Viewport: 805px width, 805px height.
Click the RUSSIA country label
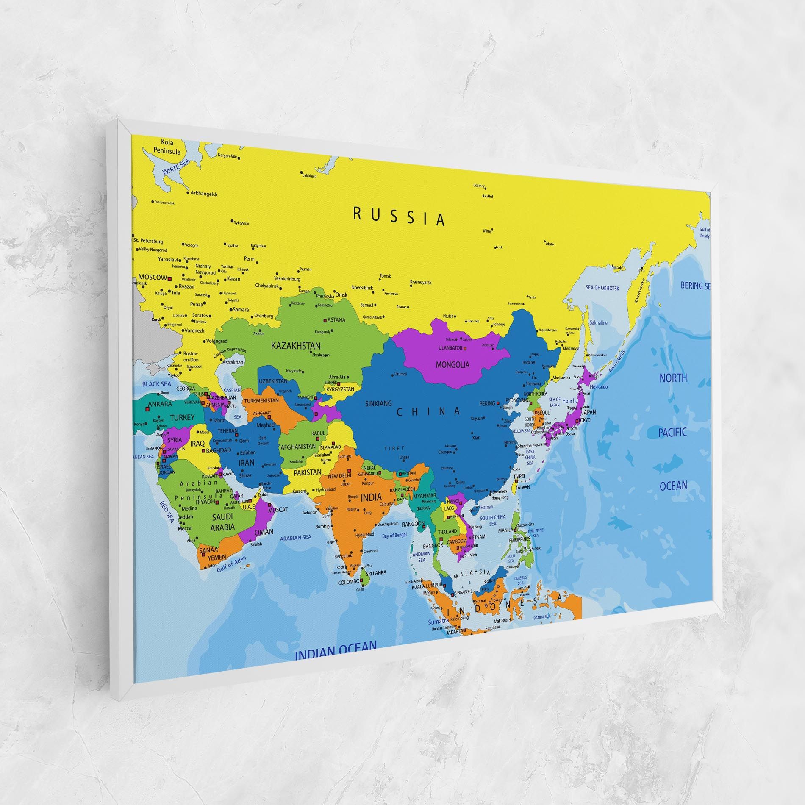[x=399, y=217]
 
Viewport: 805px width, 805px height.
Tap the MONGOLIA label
[x=452, y=364]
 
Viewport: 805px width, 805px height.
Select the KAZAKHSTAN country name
[x=296, y=346]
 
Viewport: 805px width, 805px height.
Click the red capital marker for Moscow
[x=169, y=279]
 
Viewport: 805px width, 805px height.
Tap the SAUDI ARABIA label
[x=222, y=522]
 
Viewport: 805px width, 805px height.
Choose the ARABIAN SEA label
[x=296, y=538]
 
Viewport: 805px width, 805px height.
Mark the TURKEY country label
[x=182, y=417]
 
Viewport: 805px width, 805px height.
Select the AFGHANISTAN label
[x=298, y=446]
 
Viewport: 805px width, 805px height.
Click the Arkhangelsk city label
[x=204, y=194]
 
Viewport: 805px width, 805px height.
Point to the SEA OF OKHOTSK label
[x=602, y=288]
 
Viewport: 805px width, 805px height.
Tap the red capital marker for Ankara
[x=147, y=409]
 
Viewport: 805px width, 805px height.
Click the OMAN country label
[x=264, y=532]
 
